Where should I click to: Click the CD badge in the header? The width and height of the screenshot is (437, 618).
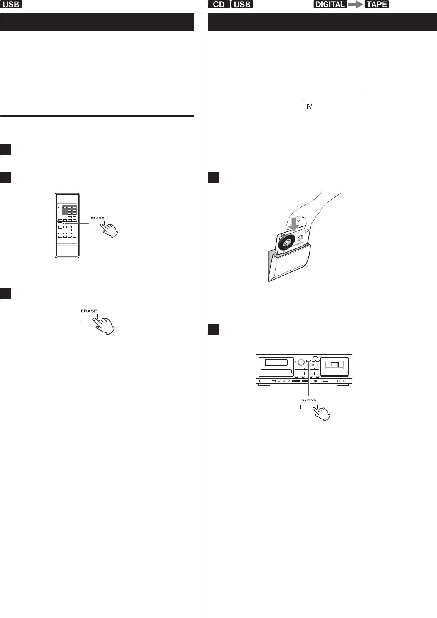[x=219, y=5]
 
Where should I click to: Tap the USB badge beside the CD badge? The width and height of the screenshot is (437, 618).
[x=242, y=5]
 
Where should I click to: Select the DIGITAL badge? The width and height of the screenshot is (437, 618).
[x=330, y=5]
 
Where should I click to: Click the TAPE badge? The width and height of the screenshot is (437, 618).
[x=377, y=5]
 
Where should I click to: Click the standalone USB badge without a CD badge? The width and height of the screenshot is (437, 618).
[x=12, y=5]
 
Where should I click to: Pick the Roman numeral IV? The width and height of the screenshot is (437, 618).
[x=309, y=107]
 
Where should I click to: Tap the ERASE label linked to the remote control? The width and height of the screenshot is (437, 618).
[x=97, y=218]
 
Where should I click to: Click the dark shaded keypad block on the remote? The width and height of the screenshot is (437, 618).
[x=70, y=210]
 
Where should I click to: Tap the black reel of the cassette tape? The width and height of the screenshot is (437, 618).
[x=286, y=245]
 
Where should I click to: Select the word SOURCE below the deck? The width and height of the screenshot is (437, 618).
[x=309, y=400]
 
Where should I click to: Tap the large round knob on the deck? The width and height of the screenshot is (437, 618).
[x=301, y=362]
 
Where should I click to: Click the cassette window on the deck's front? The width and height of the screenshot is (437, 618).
[x=333, y=364]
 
